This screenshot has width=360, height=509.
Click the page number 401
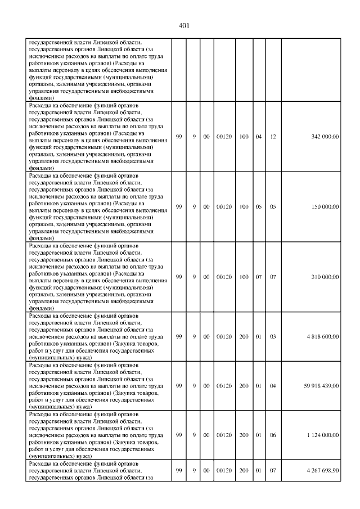[x=183, y=25]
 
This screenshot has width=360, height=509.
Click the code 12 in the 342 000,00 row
[x=273, y=137]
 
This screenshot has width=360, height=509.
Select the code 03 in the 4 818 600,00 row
[x=273, y=336]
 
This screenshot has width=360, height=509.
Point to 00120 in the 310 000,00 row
[x=223, y=277]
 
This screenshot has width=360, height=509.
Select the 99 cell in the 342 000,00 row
[x=179, y=137]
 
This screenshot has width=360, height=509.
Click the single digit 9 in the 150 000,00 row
[x=193, y=206]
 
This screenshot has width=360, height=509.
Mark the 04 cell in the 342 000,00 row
[x=259, y=137]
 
